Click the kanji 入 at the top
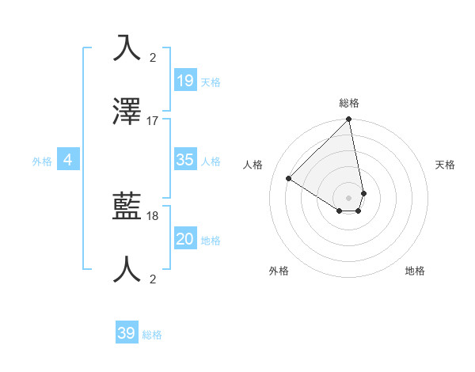point(127,48)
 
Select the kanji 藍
point(127,207)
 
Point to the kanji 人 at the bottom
point(127,270)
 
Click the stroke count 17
point(153,121)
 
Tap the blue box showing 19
point(185,80)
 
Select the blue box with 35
point(185,160)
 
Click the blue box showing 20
point(185,239)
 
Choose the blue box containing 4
point(68,160)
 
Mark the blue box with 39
point(127,333)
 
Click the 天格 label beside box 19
point(211,82)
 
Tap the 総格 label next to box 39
point(152,335)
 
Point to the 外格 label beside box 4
point(42,161)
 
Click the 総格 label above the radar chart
point(349,103)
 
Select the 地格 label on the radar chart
point(415,271)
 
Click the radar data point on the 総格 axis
point(349,120)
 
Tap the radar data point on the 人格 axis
point(289,179)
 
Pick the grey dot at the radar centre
point(349,197)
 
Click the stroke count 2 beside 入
point(153,57)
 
